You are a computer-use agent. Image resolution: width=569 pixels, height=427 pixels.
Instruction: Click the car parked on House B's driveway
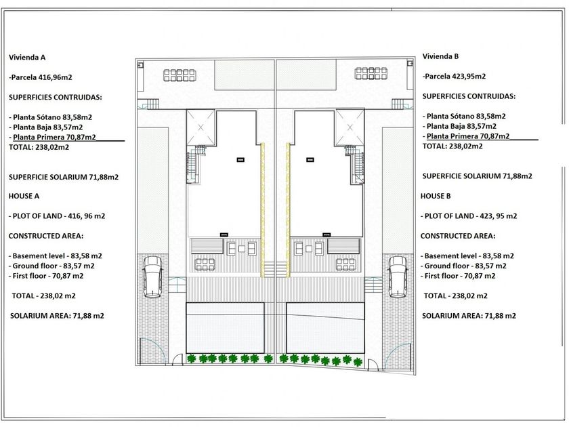coord(397,277)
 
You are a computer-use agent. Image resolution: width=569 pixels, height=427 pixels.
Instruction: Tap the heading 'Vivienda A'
coord(28,58)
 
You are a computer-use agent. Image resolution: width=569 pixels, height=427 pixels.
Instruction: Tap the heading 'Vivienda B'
coord(440,56)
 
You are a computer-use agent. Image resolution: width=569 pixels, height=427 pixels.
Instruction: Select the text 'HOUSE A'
coord(24,196)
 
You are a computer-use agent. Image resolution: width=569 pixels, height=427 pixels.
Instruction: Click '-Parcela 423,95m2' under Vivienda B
coord(454,77)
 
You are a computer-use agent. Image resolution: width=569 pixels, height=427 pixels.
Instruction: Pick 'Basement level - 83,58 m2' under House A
coord(56,256)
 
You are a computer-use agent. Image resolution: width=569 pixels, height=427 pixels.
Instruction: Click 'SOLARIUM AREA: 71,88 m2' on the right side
coord(468,316)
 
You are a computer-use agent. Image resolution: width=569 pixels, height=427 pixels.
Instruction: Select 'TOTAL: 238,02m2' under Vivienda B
coord(452,146)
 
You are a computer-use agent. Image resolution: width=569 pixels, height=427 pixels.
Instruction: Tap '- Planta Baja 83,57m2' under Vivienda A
coord(47,127)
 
